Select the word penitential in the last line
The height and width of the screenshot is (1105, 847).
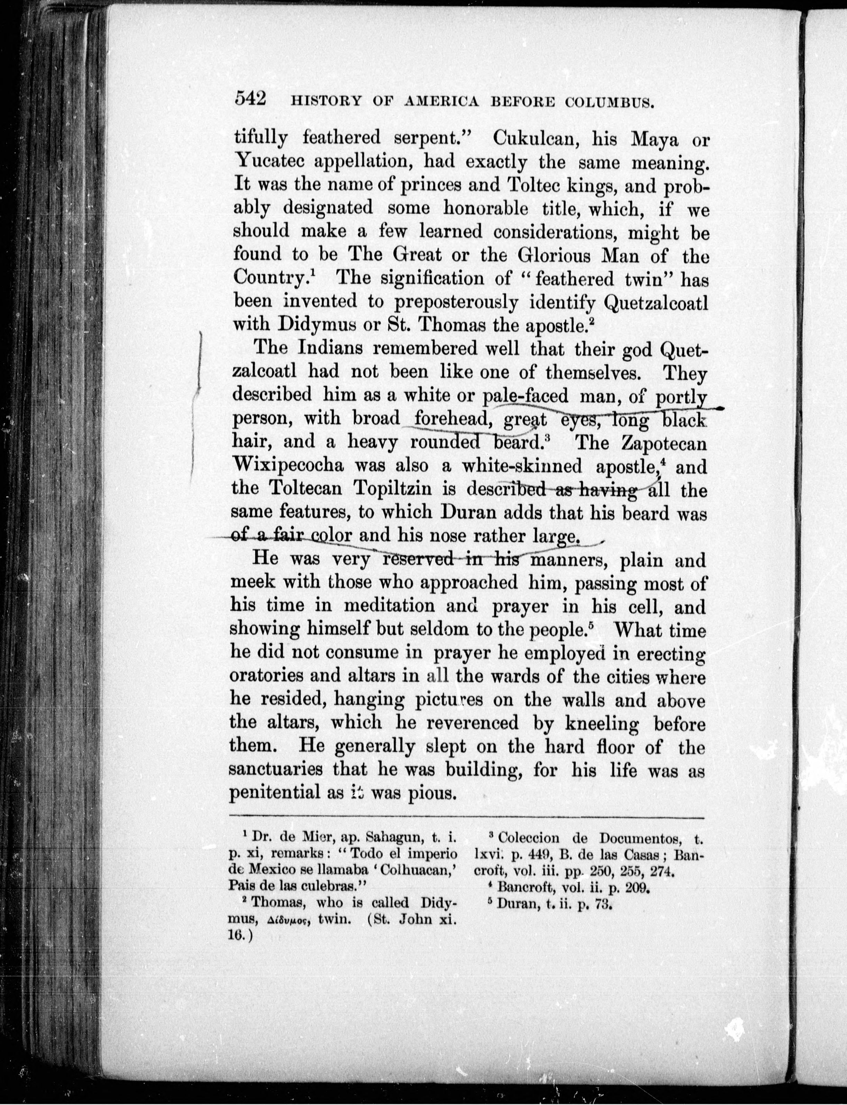click(x=271, y=793)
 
